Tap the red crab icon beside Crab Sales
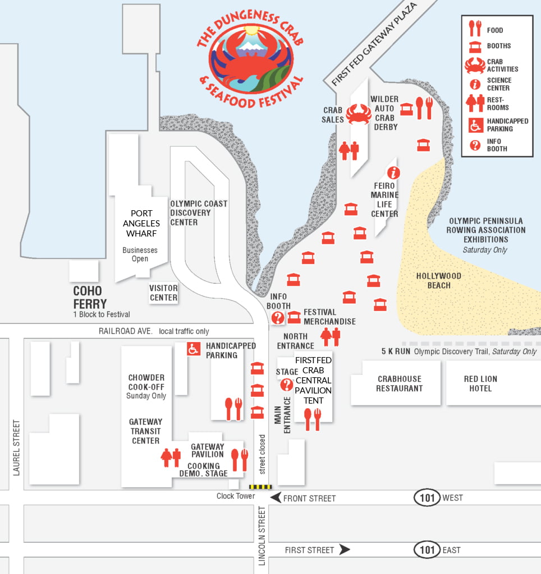click(358, 114)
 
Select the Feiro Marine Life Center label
click(385, 200)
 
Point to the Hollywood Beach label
click(438, 280)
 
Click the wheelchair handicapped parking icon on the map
click(194, 349)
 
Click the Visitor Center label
click(163, 293)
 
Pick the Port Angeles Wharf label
click(141, 223)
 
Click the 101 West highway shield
click(427, 498)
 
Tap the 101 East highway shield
click(427, 550)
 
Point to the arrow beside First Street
click(345, 550)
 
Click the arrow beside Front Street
click(276, 498)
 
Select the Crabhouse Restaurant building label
click(399, 383)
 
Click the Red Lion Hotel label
click(480, 383)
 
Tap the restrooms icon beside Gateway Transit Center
click(171, 457)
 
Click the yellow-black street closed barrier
click(260, 487)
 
